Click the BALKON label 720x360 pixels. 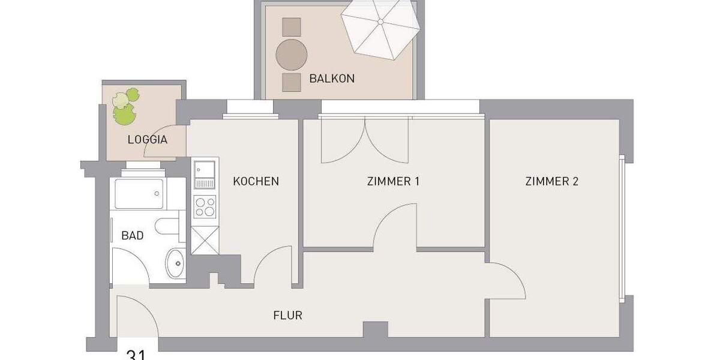click(332, 79)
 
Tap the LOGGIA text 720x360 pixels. click(147, 140)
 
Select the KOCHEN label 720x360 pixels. click(256, 181)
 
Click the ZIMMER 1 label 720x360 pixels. click(393, 181)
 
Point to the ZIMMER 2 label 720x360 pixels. click(551, 181)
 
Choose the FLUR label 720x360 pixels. click(287, 315)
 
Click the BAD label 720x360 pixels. click(133, 236)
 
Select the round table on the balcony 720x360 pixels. click(292, 55)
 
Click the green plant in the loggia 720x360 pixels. click(124, 107)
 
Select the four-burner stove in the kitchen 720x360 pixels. click(205, 207)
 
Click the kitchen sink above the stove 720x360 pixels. click(204, 170)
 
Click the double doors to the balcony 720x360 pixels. click(365, 141)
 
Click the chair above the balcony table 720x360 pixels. click(291, 27)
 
